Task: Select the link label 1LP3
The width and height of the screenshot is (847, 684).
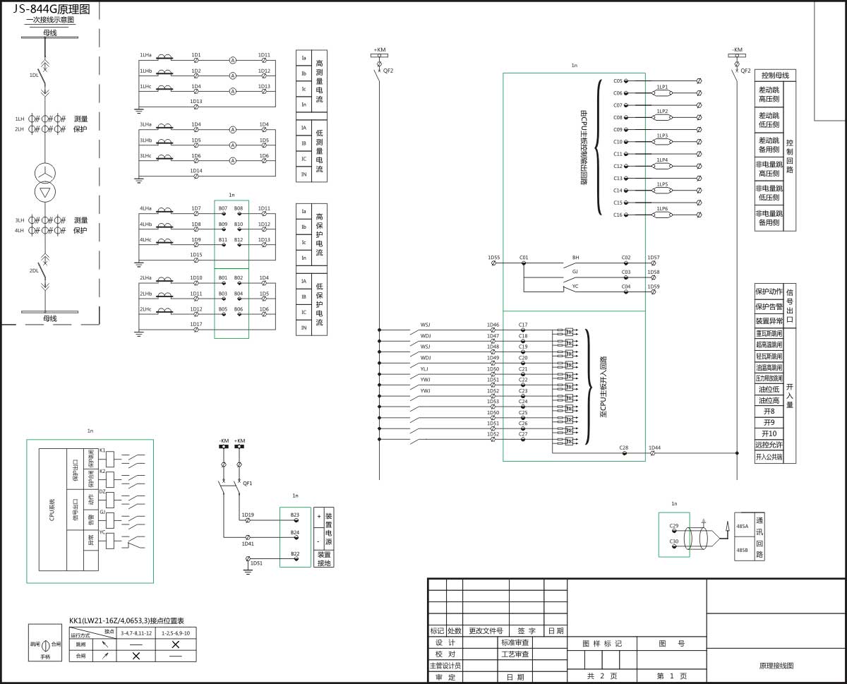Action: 662,136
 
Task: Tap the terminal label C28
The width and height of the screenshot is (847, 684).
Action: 624,448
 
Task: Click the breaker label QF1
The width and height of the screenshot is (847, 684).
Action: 247,484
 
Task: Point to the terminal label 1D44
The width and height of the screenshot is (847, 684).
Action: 654,448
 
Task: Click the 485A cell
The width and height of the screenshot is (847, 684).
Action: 743,526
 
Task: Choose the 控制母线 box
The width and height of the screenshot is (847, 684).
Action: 775,75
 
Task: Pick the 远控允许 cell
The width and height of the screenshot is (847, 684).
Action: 769,445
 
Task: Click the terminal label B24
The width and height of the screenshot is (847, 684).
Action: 295,532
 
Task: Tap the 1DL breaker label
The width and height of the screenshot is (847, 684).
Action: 34,74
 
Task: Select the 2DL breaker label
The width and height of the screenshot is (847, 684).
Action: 34,270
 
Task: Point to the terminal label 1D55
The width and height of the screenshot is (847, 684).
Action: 493,258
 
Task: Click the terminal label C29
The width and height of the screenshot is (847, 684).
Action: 673,526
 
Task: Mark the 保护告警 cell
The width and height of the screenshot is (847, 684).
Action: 769,306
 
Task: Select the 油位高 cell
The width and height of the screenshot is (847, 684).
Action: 769,400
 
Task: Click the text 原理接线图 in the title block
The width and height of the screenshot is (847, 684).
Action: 776,666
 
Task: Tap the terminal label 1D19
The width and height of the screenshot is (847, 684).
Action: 248,515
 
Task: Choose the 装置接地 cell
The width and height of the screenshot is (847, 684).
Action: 324,558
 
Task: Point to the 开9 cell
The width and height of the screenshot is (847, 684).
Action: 769,422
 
